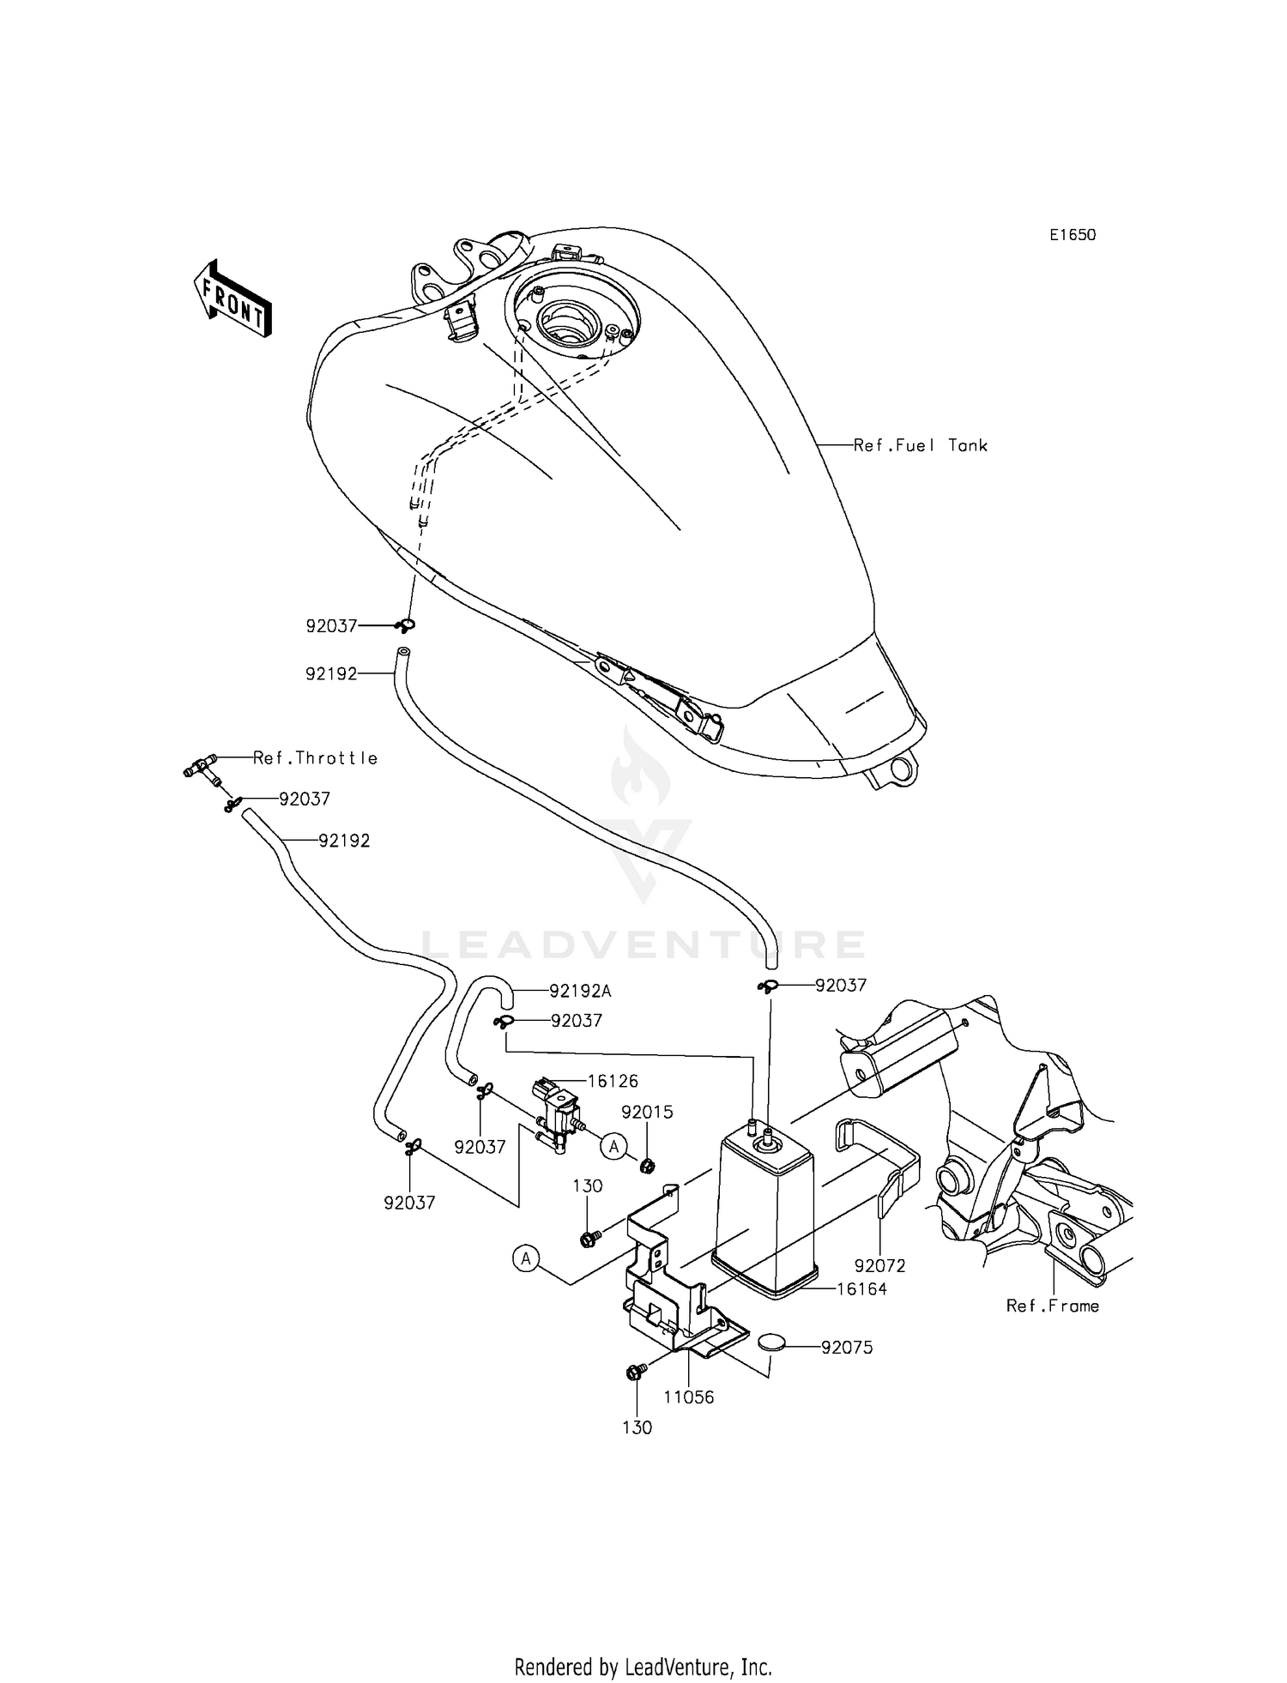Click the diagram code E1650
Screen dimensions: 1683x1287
1072,235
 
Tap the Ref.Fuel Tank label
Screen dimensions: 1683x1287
920,445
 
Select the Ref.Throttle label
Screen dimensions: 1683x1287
315,758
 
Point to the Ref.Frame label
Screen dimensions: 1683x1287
1052,1306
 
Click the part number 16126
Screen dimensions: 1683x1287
613,1081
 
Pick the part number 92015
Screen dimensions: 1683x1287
647,1112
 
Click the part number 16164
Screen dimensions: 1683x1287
861,1288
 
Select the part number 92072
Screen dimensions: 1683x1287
879,1265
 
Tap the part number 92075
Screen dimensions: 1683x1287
847,1347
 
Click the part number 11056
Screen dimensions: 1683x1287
688,1396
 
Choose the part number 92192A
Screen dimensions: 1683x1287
580,991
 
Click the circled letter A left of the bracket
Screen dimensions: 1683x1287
525,1258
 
